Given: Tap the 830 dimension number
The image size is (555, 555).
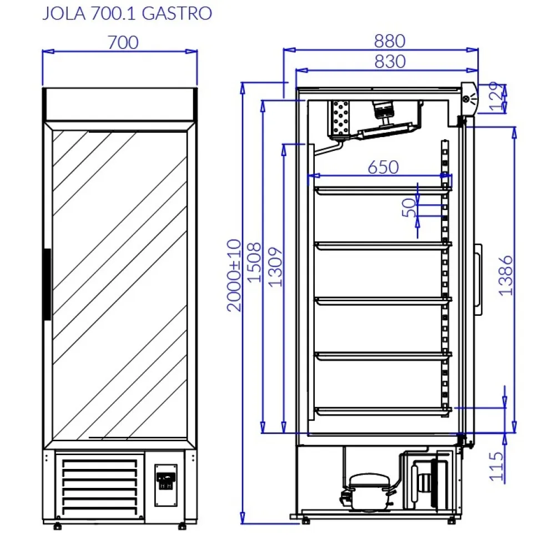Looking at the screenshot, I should click(389, 61).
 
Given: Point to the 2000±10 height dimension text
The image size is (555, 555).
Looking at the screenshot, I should click(235, 275).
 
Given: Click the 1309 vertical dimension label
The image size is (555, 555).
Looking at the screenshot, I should click(276, 266).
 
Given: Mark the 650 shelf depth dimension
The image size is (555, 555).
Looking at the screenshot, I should click(383, 167).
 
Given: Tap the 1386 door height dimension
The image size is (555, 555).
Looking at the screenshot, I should click(506, 275).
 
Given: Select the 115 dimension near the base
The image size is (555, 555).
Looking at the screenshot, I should click(497, 466).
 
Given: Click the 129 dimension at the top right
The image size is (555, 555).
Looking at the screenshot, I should click(497, 97).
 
